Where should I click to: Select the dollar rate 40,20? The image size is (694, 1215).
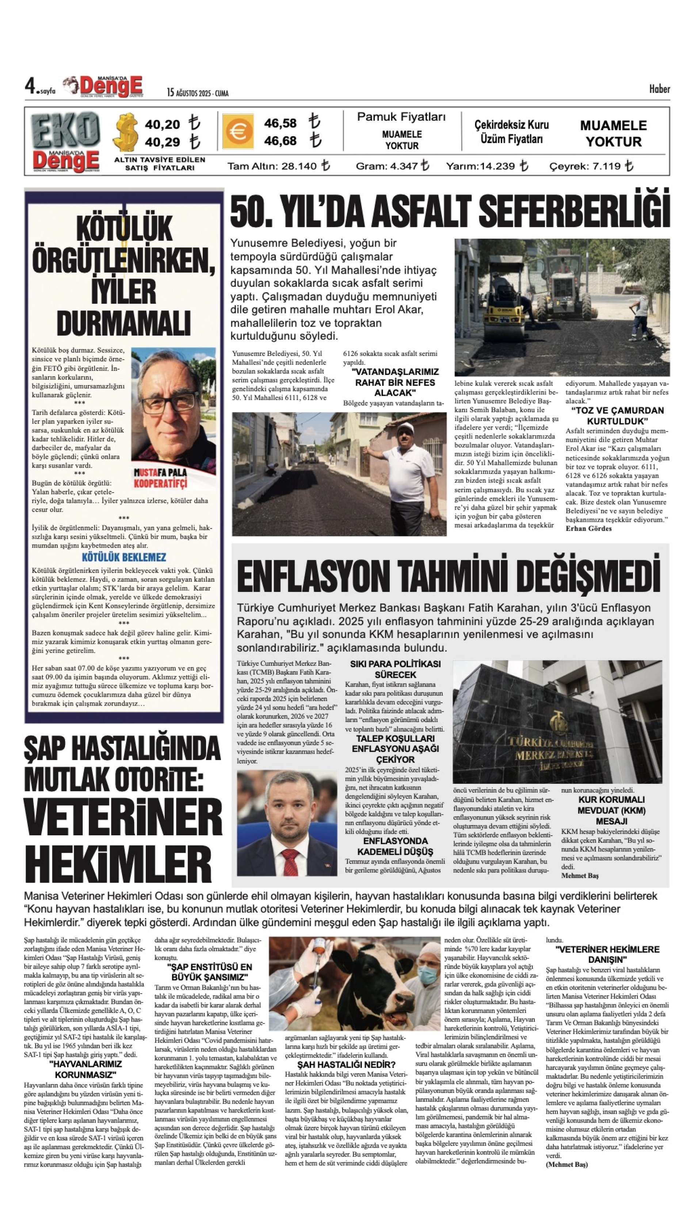click(x=163, y=125)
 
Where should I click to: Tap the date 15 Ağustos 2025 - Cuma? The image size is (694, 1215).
click(x=197, y=93)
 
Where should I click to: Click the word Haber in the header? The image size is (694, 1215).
click(x=659, y=89)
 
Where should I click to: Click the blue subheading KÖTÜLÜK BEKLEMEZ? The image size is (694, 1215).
click(x=124, y=557)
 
